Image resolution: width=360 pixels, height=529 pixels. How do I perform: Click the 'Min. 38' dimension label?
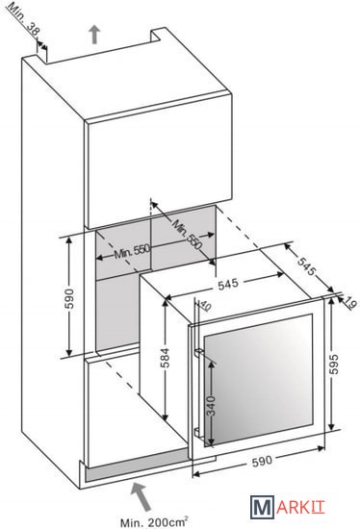tap(23, 20)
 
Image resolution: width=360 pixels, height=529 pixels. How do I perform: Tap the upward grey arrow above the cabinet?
tap(94, 35)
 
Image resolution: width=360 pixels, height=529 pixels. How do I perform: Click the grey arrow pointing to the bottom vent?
tap(141, 495)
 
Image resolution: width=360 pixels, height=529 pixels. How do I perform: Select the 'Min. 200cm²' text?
tap(154, 522)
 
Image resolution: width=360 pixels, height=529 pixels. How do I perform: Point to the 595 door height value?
tap(333, 364)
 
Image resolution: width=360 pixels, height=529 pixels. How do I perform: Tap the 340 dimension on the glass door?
tap(211, 407)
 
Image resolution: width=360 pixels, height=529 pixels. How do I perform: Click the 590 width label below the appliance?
tap(262, 461)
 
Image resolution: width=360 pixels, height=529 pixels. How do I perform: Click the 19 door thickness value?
tap(349, 303)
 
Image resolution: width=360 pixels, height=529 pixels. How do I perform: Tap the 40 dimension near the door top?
tap(205, 306)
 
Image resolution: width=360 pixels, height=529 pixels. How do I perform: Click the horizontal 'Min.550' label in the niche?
tap(132, 251)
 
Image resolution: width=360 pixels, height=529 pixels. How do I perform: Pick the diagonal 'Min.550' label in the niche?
tap(188, 234)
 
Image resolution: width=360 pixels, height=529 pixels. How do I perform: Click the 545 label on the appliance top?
tap(228, 284)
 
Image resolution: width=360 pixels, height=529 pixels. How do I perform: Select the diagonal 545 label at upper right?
tap(307, 265)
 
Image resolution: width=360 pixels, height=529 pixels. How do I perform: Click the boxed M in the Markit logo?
tap(262, 508)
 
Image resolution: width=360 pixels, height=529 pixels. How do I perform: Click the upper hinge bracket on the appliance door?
tap(198, 352)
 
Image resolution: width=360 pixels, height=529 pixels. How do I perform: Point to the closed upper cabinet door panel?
tap(159, 159)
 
